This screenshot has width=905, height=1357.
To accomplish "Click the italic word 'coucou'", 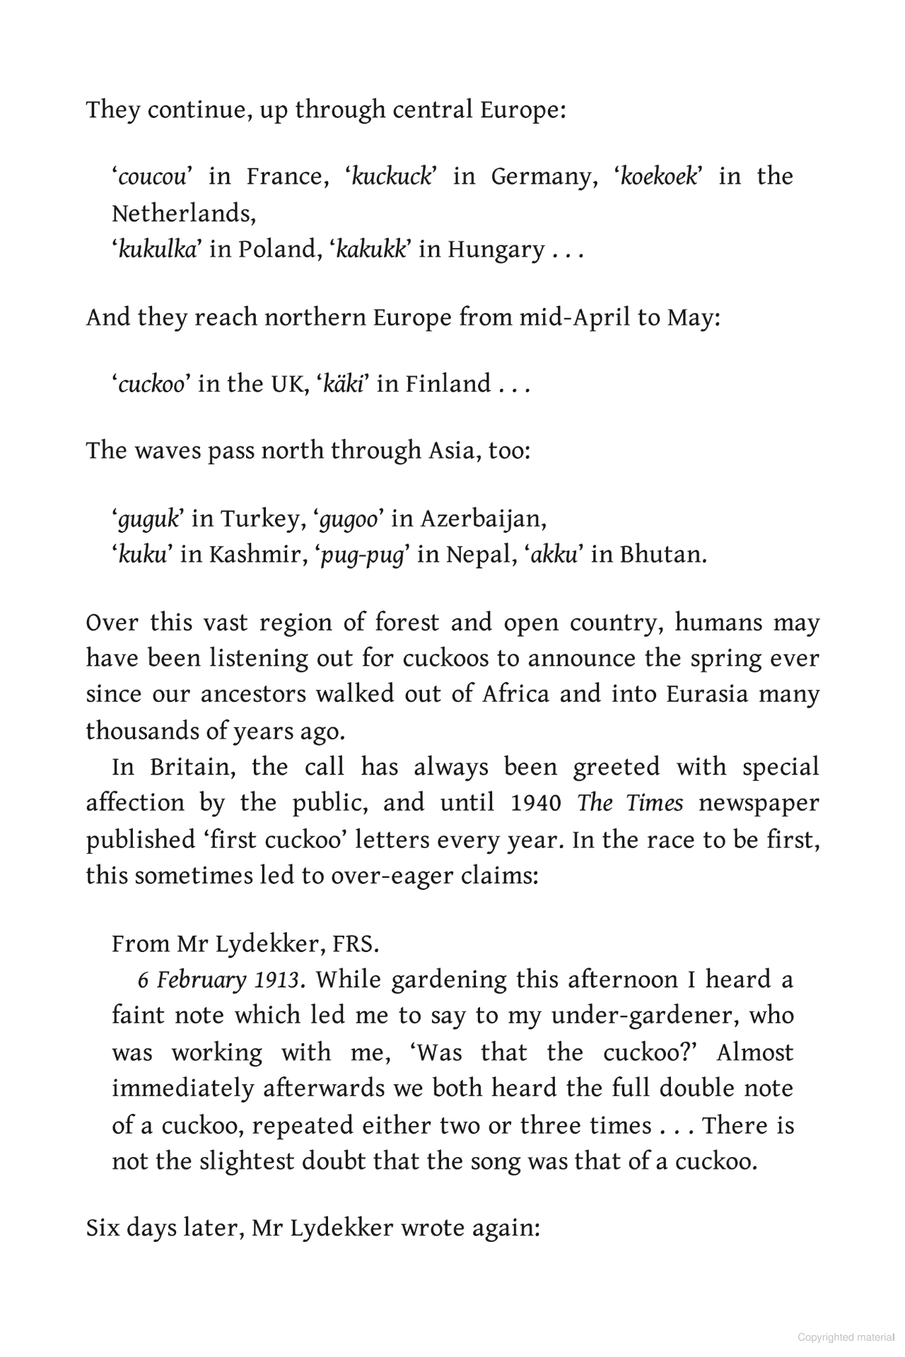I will point(152,177).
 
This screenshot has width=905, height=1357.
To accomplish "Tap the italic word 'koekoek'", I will point(658,177).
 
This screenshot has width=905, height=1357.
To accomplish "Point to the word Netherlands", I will point(183,213).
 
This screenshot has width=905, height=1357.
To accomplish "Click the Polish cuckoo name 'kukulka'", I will point(157,249).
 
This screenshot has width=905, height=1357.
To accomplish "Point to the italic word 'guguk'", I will point(148,519).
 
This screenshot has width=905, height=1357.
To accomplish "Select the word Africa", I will point(515,695).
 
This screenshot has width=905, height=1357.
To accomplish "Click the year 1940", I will point(535,804).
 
